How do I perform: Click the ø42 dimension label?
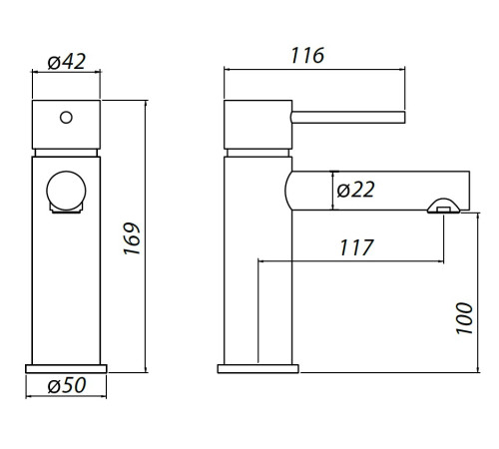point(67,62)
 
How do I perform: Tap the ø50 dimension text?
point(67,385)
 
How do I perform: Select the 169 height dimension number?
point(132,238)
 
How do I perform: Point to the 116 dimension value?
point(307,56)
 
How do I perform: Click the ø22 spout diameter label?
point(355,190)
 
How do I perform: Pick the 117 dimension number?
point(356,247)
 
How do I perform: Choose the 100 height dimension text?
point(464,318)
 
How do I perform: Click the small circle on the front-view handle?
point(66,118)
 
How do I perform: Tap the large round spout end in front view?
point(66,191)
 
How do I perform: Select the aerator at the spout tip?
point(443,207)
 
